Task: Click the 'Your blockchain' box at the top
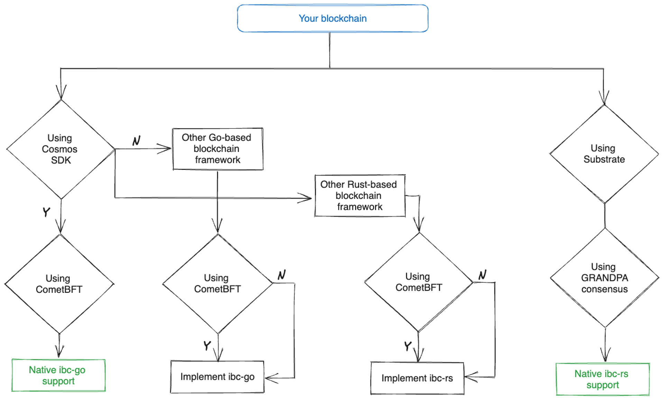point(332,18)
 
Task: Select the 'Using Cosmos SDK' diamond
point(61,149)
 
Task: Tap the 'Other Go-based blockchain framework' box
point(218,149)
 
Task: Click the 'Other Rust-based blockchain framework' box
point(360,196)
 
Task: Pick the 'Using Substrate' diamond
point(604,154)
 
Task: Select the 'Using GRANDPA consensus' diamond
point(604,278)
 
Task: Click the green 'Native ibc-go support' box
point(58,375)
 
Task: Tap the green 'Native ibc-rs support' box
point(602,379)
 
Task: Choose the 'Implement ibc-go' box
point(217,377)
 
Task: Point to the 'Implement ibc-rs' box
point(417,378)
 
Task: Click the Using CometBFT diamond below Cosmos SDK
point(59,284)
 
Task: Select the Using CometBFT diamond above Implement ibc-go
point(217,283)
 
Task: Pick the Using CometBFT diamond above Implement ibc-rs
point(418,282)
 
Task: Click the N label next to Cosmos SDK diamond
point(137,140)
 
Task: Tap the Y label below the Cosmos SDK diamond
point(46,211)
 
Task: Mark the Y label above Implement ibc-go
point(207,345)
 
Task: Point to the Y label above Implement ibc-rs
point(408,346)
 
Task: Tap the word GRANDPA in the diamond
point(604,278)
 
